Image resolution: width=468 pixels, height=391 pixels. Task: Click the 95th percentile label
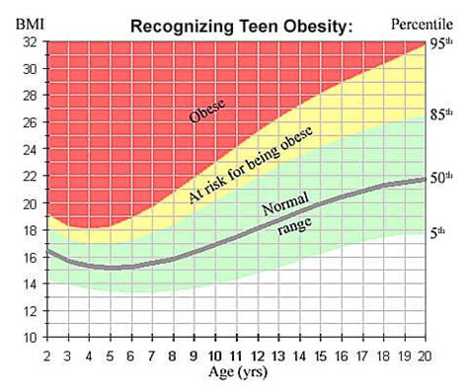point(440,42)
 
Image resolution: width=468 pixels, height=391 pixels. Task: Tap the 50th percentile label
point(440,178)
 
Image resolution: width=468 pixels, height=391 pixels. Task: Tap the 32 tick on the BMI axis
point(29,42)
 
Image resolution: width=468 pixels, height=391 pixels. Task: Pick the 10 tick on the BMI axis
point(29,337)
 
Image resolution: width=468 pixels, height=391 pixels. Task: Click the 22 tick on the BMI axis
point(29,177)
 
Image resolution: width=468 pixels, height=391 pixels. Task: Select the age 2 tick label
point(46,355)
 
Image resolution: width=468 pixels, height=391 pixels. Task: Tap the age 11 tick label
point(235,355)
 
